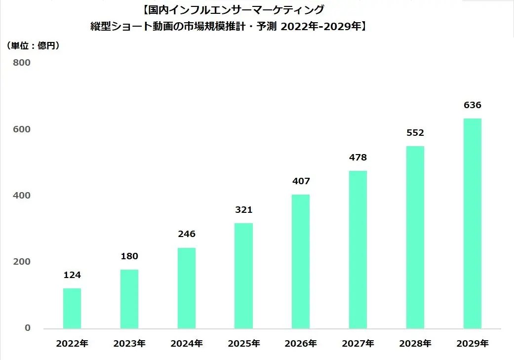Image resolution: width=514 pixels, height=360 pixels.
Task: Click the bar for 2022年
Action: tap(72, 308)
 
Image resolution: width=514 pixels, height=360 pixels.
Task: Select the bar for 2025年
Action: tap(243, 276)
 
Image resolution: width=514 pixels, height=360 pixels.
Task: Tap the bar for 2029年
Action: tap(473, 223)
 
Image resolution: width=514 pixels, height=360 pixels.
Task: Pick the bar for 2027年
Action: tap(358, 249)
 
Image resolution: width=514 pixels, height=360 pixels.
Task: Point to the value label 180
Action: tap(129, 256)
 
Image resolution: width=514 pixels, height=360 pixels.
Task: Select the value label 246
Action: tap(187, 234)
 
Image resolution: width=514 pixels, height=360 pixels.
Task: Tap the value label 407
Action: tap(301, 181)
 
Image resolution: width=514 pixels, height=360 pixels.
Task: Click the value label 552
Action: tap(415, 133)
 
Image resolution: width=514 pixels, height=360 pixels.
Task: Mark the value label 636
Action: tap(473, 105)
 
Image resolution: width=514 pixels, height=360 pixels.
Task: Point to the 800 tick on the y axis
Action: tap(22, 63)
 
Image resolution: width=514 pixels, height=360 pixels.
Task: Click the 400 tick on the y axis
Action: tap(22, 196)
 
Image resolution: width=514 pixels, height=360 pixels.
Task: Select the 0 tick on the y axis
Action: tap(28, 328)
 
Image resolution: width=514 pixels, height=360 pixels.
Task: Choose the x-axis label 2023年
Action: tap(129, 344)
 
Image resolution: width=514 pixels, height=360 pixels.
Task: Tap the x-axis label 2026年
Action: tap(301, 344)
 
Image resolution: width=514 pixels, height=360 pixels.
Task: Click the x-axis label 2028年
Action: tap(415, 344)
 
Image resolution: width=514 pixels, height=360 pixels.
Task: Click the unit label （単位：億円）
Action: tap(34, 46)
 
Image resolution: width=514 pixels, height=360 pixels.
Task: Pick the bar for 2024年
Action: tap(187, 288)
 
